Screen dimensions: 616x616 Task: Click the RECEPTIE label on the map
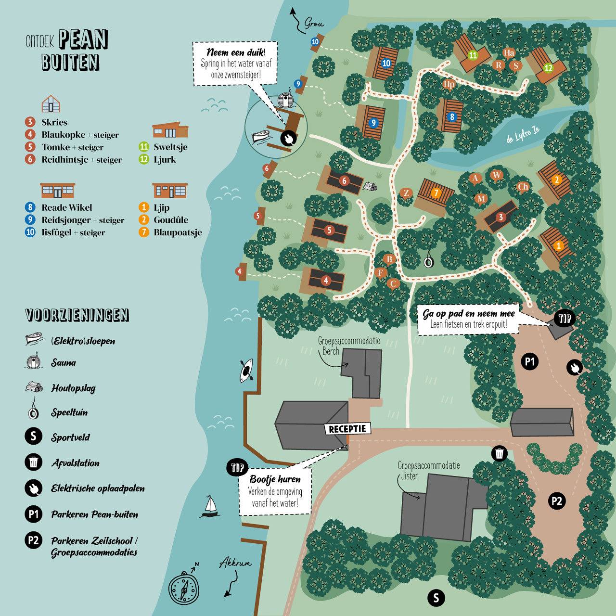[347, 429]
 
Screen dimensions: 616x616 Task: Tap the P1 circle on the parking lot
[530, 361]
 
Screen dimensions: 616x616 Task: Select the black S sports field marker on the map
[436, 598]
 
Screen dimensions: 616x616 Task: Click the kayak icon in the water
[247, 370]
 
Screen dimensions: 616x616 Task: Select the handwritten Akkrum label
[235, 564]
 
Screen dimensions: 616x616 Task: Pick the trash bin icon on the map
[500, 453]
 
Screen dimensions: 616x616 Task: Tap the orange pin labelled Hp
[449, 84]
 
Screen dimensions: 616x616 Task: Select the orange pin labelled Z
[406, 193]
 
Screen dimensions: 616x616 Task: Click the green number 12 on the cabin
[548, 68]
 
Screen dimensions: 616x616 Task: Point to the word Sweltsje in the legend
[170, 147]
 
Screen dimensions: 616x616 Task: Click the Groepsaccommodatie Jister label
[428, 471]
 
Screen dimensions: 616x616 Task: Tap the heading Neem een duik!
[236, 52]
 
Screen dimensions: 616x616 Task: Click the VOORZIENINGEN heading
[77, 315]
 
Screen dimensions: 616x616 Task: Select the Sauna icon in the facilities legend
[33, 362]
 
